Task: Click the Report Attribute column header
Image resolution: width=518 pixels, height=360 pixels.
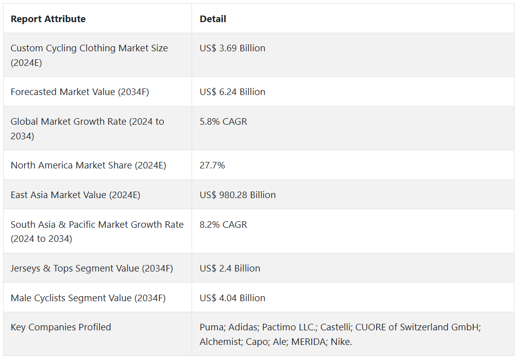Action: [48, 19]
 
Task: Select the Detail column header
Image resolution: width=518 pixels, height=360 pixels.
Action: [213, 19]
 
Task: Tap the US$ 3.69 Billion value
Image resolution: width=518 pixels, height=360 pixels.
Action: [232, 48]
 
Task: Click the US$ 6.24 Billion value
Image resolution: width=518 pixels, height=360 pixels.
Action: [232, 92]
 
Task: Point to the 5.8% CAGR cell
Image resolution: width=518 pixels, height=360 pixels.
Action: [223, 122]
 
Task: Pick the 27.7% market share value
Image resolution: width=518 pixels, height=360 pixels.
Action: [212, 165]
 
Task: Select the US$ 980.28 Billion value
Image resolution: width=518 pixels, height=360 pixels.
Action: [237, 195]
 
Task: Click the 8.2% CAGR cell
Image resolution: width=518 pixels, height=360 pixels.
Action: [223, 225]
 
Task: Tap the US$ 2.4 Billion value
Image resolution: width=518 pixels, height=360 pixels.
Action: [230, 268]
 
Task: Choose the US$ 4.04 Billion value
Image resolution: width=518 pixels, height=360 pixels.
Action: [232, 298]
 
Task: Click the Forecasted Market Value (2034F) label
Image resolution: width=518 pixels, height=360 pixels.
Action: [79, 92]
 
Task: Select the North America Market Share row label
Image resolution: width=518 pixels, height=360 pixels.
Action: [88, 165]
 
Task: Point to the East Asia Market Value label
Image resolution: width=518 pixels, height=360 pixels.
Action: [75, 195]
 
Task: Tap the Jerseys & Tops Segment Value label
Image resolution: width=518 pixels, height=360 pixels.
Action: [92, 268]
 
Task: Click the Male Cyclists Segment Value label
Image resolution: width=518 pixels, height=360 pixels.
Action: [88, 298]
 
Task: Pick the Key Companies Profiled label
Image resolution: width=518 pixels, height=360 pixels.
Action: [61, 327]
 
